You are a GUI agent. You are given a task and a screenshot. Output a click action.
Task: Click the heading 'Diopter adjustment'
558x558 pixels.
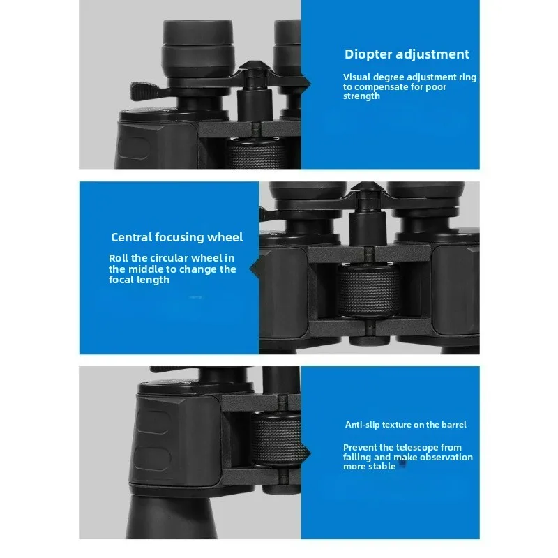click(407, 54)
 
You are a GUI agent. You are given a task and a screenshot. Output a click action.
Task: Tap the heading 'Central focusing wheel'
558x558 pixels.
click(176, 238)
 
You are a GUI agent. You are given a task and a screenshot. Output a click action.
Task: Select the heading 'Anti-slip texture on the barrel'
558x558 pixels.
click(405, 424)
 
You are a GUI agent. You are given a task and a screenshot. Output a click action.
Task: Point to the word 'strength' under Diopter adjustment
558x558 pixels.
click(361, 96)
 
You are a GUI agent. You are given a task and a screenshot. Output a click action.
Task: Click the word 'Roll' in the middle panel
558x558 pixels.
click(119, 258)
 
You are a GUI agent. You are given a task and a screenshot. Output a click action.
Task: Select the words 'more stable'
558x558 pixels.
click(369, 467)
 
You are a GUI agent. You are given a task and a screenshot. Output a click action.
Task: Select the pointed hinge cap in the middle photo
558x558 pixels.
click(364, 191)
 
